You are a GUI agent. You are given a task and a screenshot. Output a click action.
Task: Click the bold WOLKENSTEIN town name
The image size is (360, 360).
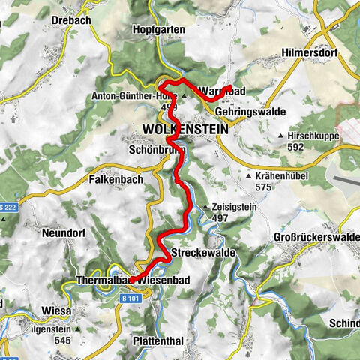pos(184,130)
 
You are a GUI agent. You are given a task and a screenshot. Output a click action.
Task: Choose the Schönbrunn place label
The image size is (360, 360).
pos(151,148)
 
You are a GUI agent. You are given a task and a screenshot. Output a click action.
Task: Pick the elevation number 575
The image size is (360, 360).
pos(262,187)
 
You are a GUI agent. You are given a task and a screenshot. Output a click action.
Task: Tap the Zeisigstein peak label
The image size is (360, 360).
pos(232,206)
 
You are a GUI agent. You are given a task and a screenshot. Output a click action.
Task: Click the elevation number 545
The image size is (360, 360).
pos(64,339)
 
